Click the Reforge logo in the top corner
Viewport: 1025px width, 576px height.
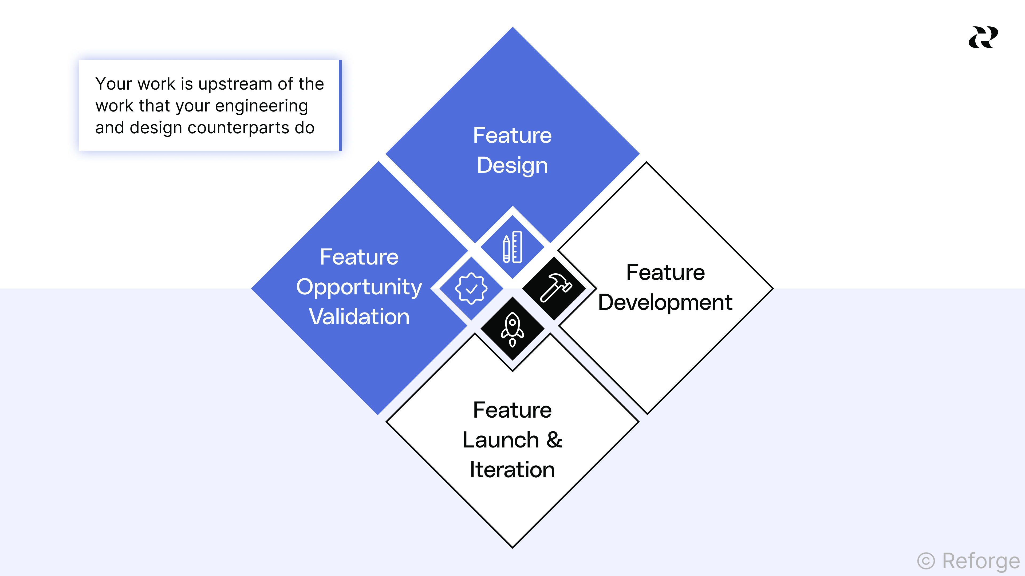[x=983, y=37]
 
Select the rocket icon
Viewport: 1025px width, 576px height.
[x=512, y=329]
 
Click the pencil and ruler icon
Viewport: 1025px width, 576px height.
[x=512, y=247]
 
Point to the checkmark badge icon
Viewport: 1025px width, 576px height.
[x=471, y=289]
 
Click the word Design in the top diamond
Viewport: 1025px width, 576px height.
[x=512, y=165]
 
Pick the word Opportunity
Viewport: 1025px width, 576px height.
[x=359, y=287]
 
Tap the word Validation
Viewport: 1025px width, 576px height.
[x=359, y=317]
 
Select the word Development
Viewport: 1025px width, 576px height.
[x=665, y=302]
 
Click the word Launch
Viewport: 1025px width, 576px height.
[x=500, y=440]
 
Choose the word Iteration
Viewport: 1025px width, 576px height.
[x=512, y=470]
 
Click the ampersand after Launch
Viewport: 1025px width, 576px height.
[x=554, y=440]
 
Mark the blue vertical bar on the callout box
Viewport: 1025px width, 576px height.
[x=340, y=105]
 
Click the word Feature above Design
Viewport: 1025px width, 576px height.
[x=512, y=135]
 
